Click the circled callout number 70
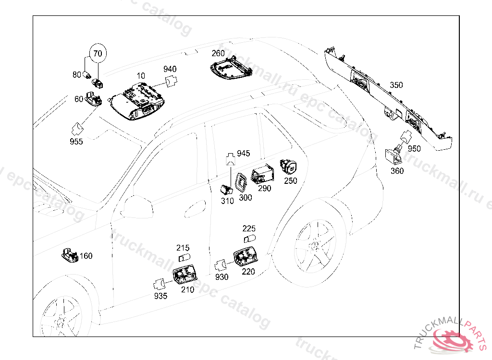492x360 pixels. pyautogui.click(x=98, y=53)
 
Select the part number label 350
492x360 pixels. pyautogui.click(x=396, y=85)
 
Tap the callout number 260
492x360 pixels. pyautogui.click(x=218, y=53)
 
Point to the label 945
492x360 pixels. pyautogui.click(x=244, y=153)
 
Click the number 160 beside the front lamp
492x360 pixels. pyautogui.click(x=86, y=256)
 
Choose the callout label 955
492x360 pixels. pyautogui.click(x=76, y=142)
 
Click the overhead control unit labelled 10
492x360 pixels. pyautogui.click(x=137, y=101)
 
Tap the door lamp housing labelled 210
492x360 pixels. pyautogui.click(x=185, y=274)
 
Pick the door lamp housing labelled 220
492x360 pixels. pyautogui.click(x=246, y=257)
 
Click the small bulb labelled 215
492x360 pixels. pyautogui.click(x=184, y=258)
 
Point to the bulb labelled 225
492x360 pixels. pyautogui.click(x=249, y=239)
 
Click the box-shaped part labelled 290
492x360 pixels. pyautogui.click(x=262, y=174)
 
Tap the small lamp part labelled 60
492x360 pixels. pyautogui.click(x=93, y=98)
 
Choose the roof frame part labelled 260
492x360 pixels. pyautogui.click(x=231, y=67)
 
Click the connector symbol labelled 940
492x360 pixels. pyautogui.click(x=171, y=81)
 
